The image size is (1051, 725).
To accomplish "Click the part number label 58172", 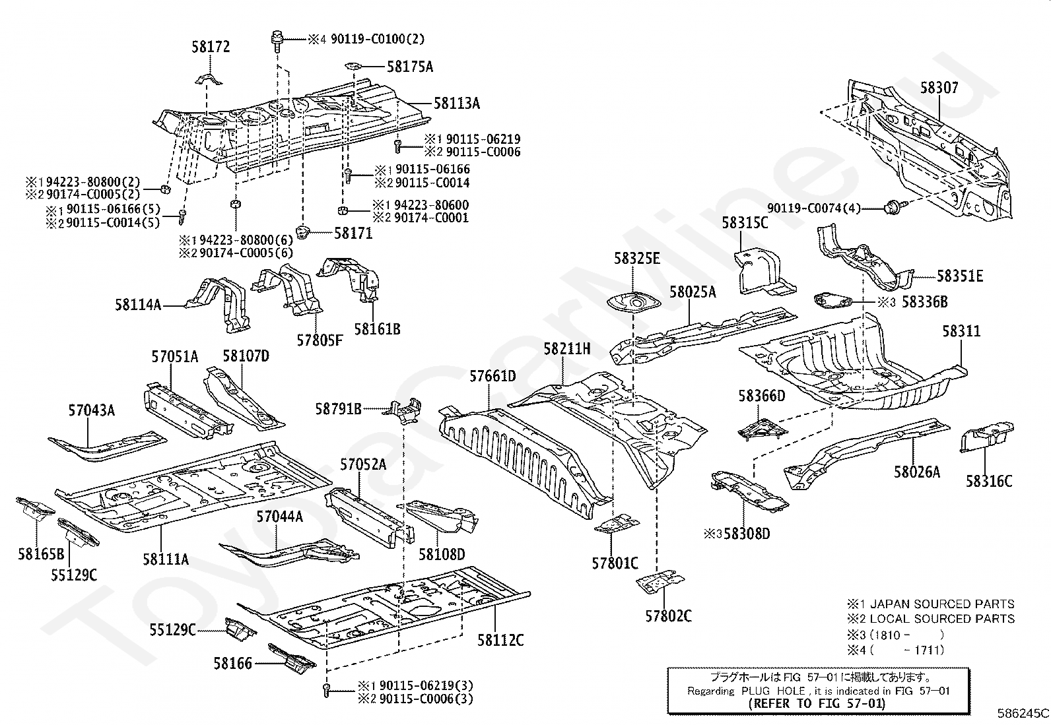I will coord(211,47).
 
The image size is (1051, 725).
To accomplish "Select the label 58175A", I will coord(410,67).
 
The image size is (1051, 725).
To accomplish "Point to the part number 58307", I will coord(939,88).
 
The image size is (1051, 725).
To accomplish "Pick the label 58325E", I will coord(636,258).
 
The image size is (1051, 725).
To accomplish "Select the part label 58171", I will coord(353,233).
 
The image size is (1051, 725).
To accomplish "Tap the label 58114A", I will coord(138,305).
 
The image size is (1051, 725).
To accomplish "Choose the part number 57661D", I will coord(492,377).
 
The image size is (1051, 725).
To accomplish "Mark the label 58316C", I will coord(989,481).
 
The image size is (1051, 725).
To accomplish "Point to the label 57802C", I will coord(669,616).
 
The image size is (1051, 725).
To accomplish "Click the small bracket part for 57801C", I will coord(617,524).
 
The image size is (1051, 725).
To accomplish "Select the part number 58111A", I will coord(166,559).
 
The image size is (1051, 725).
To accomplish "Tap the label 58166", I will coord(232,663).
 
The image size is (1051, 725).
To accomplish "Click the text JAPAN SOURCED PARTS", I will coord(942,604).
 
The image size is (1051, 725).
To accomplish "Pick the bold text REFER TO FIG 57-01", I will coord(817,703).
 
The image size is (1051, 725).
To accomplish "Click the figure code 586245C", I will coord(1023,713).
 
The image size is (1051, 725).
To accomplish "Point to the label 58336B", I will coord(924,301).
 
